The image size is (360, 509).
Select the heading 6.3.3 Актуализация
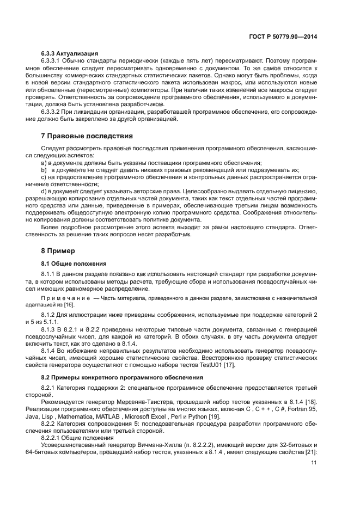[x=70, y=53]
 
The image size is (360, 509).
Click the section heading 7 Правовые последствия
[x=87, y=136]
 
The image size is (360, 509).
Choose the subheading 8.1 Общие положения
[x=75, y=263]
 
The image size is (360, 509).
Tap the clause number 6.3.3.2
[x=53, y=112]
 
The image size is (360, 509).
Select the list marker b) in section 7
[x=45, y=170]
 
